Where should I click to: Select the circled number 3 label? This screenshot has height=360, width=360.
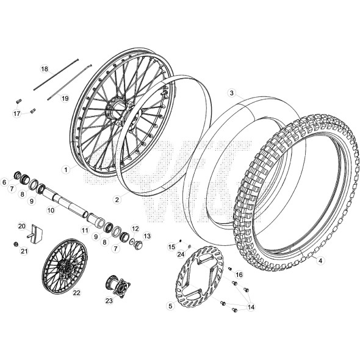(232, 93)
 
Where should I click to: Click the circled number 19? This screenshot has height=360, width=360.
(65, 98)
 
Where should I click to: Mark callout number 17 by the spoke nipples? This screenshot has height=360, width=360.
(16, 113)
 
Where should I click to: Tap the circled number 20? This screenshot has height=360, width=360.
(21, 226)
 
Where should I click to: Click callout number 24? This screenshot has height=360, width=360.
(181, 253)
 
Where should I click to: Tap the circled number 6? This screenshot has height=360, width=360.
(4, 182)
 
